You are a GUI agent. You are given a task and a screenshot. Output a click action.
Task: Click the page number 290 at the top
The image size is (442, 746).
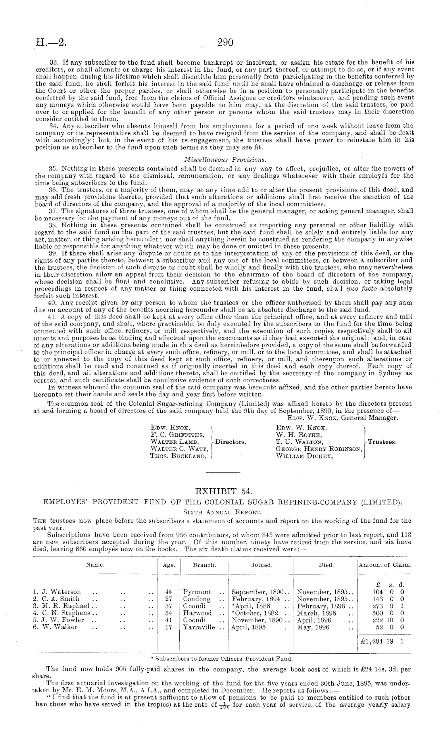coord(225,42)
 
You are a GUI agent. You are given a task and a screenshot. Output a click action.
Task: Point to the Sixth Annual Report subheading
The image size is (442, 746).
coord(221,512)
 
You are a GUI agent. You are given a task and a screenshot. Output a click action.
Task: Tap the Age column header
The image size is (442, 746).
coord(169,565)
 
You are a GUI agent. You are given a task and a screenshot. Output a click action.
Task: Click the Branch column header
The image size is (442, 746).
coord(204,565)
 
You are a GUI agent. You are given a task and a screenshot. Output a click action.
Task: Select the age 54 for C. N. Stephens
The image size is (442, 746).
coord(168,613)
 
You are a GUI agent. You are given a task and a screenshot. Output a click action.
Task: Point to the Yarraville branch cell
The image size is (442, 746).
coord(198,627)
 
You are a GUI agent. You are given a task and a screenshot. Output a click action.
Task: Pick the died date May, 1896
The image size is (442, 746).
coord(313,627)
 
